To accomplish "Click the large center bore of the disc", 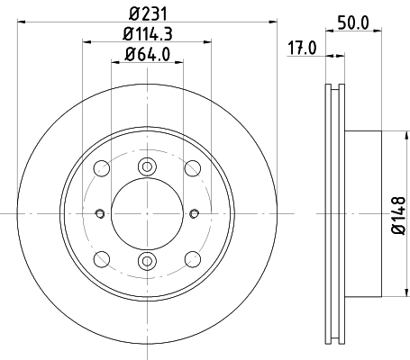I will [146, 212].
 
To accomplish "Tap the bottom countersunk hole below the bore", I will [146, 261].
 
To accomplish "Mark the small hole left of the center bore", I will [98, 213].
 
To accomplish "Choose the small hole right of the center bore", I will [195, 213].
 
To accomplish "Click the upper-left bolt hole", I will [101, 167].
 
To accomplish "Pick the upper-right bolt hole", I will [191, 167].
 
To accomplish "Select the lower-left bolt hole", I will [101, 259].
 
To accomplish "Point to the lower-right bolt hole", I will [191, 259].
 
